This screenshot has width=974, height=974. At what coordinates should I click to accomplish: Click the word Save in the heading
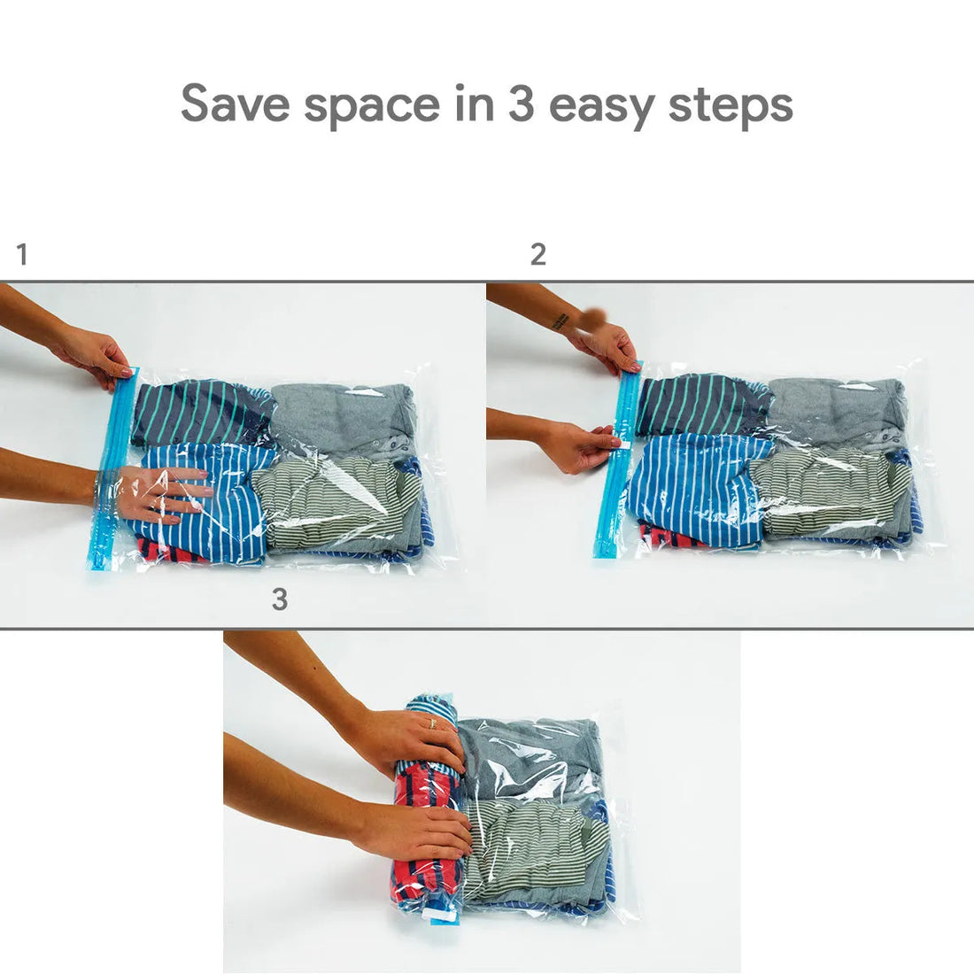pyautogui.click(x=235, y=104)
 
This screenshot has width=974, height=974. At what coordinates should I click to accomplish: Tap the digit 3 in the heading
pyautogui.click(x=519, y=104)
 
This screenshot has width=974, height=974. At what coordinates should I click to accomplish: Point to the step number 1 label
pyautogui.click(x=22, y=255)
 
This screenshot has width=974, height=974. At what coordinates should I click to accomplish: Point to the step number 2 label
pyautogui.click(x=537, y=255)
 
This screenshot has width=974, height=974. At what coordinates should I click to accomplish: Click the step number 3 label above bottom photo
pyautogui.click(x=280, y=599)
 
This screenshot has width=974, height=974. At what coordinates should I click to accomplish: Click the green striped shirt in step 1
pyautogui.click(x=341, y=505)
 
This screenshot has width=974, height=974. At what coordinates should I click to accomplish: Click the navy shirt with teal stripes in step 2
pyautogui.click(x=700, y=404)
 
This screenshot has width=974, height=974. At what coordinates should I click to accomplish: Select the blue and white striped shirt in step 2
pyautogui.click(x=691, y=487)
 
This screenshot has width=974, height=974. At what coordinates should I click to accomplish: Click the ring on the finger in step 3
pyautogui.click(x=432, y=723)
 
